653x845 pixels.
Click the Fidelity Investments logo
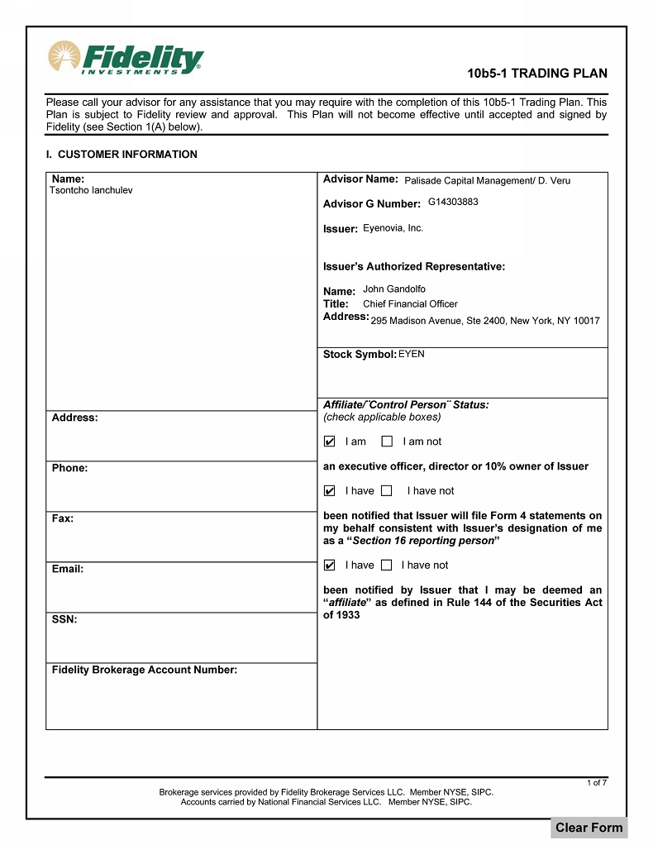(126, 58)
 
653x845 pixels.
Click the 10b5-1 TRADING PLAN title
(537, 74)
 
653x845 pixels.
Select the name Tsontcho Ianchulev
(91, 190)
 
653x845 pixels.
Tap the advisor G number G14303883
(453, 202)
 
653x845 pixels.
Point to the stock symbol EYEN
(412, 354)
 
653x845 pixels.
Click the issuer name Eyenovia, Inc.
(393, 228)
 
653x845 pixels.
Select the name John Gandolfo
(394, 289)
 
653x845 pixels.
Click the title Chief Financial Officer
(410, 303)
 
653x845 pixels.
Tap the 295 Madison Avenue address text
(485, 321)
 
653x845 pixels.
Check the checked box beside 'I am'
(330, 442)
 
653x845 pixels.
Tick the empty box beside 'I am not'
(387, 442)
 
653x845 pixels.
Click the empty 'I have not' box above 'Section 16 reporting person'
(386, 491)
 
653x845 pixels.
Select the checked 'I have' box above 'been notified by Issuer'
(330, 566)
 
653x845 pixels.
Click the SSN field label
(64, 619)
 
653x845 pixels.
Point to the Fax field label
(63, 518)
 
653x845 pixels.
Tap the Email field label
(68, 569)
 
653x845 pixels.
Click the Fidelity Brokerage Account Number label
(145, 670)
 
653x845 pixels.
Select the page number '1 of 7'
(597, 782)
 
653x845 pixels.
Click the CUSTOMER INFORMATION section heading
(122, 155)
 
